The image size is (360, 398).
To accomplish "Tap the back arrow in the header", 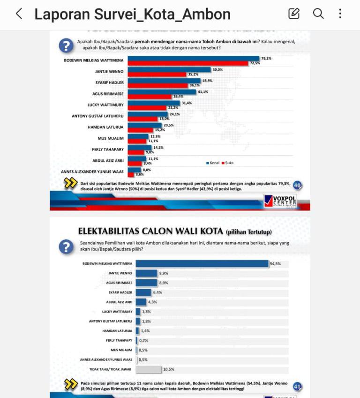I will tap(19, 14).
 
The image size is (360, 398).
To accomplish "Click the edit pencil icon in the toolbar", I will tap(294, 14).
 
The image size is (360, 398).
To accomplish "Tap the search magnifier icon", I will tap(318, 14).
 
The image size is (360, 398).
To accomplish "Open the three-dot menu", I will tap(340, 14).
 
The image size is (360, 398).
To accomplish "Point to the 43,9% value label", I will tap(208, 80).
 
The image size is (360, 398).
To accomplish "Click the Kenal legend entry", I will tap(213, 163).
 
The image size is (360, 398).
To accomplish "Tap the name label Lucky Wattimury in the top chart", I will tap(105, 105).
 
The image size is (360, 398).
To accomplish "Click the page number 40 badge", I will tap(297, 185).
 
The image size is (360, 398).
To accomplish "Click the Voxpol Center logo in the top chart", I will tap(280, 201).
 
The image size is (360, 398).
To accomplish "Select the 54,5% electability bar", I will tap(202, 264).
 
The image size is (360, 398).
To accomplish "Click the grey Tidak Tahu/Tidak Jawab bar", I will tap(149, 369).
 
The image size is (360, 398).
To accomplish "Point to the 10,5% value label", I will tap(168, 369).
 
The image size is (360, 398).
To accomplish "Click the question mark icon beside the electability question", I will tap(66, 246).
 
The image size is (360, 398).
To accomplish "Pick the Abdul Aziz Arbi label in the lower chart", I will tap(119, 302).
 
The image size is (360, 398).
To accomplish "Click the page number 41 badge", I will tap(297, 387).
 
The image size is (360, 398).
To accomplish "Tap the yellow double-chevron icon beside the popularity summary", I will tap(70, 183).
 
